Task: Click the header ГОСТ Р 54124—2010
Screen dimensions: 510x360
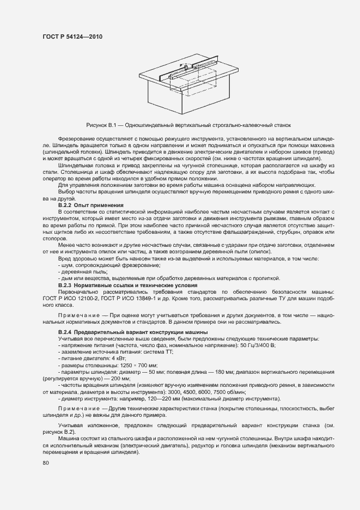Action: coord(72,37)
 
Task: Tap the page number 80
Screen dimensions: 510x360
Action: coord(45,463)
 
